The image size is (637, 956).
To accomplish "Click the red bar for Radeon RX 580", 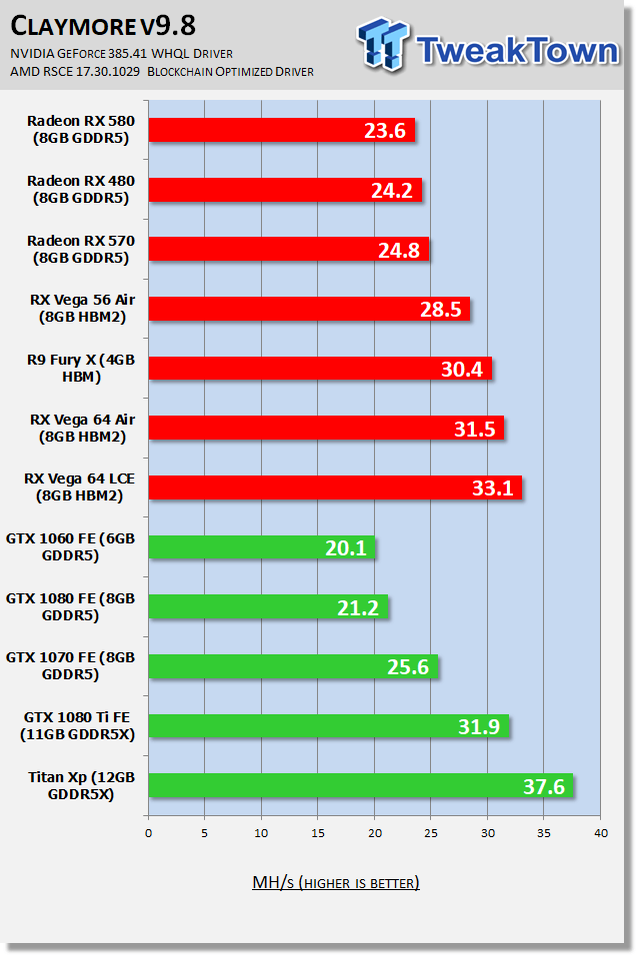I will tap(281, 130).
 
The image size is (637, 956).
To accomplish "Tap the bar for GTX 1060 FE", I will tap(262, 547).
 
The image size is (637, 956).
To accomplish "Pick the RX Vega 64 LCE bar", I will tap(335, 487).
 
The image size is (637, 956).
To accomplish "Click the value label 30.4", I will tap(461, 370).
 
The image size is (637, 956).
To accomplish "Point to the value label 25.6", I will tap(407, 667).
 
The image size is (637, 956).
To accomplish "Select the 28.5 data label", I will tap(440, 310).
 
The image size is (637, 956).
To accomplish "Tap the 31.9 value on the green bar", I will tap(479, 727).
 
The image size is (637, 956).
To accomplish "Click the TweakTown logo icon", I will tap(384, 46).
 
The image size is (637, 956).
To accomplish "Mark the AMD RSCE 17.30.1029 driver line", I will tap(162, 71).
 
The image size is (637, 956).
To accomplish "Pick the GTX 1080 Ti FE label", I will tap(79, 726).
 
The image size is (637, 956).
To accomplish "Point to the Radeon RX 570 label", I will tap(81, 249).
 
